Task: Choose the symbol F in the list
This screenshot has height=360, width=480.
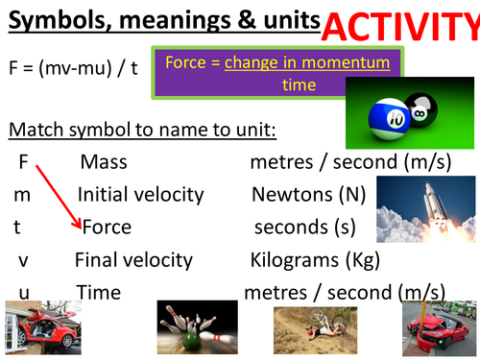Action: [23, 162]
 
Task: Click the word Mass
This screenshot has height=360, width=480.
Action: [104, 162]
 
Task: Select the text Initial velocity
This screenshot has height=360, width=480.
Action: [140, 195]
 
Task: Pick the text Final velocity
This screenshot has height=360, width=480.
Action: [133, 260]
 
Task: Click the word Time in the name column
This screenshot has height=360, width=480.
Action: [98, 292]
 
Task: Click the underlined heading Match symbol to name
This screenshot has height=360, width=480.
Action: [124, 130]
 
